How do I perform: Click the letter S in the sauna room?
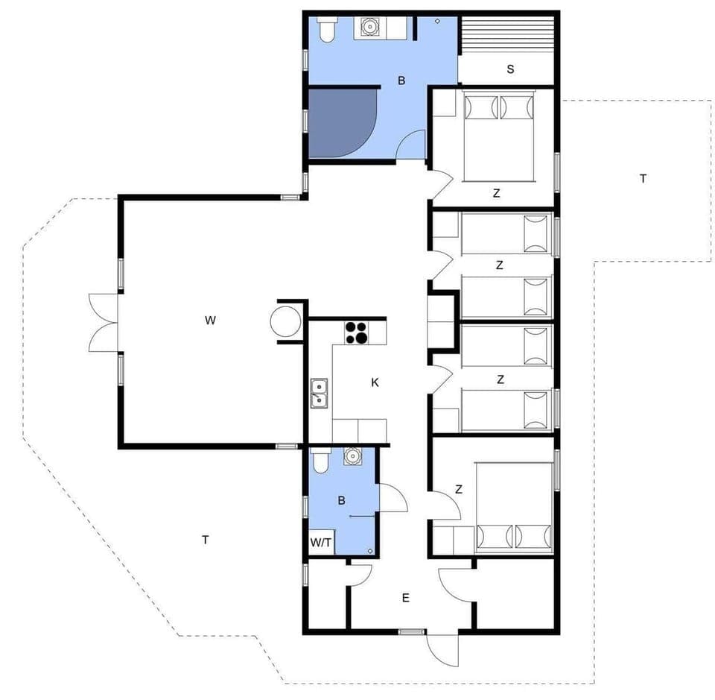[x=510, y=70]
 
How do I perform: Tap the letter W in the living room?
[x=210, y=321]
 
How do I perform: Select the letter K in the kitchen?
[x=375, y=382]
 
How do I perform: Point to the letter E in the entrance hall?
[x=406, y=598]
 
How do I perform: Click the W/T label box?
[x=320, y=543]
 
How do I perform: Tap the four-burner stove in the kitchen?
[x=356, y=332]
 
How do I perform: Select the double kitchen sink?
[x=320, y=393]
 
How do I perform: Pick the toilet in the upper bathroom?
[x=326, y=30]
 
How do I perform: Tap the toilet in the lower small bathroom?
[x=320, y=462]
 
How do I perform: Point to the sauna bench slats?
[x=506, y=34]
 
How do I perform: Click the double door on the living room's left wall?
[x=103, y=322]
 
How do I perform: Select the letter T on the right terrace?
[x=643, y=178]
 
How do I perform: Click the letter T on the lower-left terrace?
[x=205, y=540]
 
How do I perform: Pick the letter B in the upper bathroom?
[x=401, y=81]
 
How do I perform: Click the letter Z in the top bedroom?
[x=496, y=193]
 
